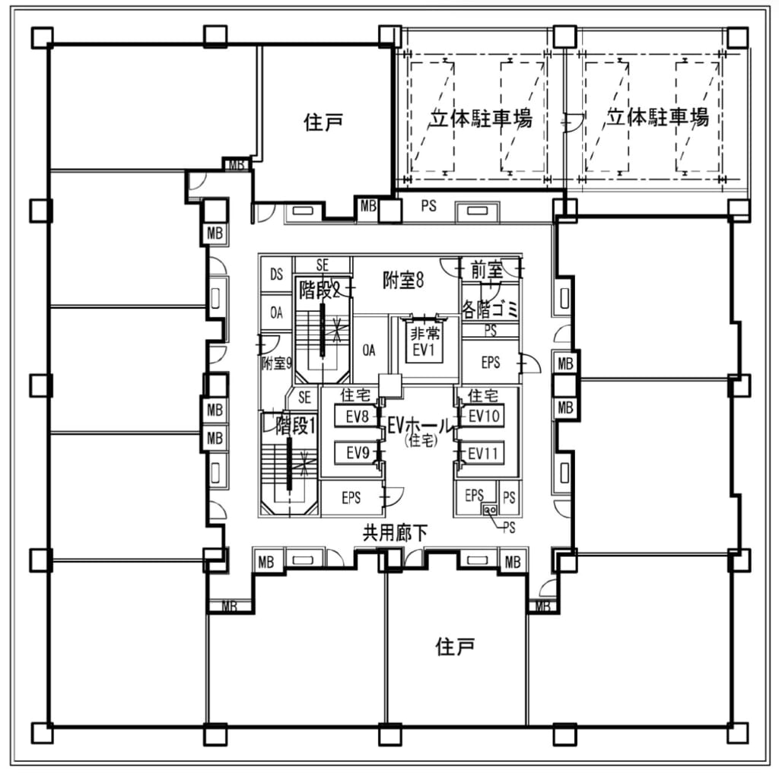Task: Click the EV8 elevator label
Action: (357, 417)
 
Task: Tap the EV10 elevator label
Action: (483, 416)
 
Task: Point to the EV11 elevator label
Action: (483, 453)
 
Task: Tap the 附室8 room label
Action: (402, 281)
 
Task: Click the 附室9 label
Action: (277, 363)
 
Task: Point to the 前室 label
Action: (487, 270)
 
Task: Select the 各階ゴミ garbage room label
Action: (490, 309)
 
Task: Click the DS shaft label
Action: (277, 274)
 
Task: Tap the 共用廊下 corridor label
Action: (394, 535)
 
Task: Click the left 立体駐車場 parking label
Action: (479, 118)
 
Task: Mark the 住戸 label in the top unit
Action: (323, 122)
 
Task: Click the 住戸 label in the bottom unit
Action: (455, 647)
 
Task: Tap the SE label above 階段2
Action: (323, 265)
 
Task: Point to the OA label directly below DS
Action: (277, 312)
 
